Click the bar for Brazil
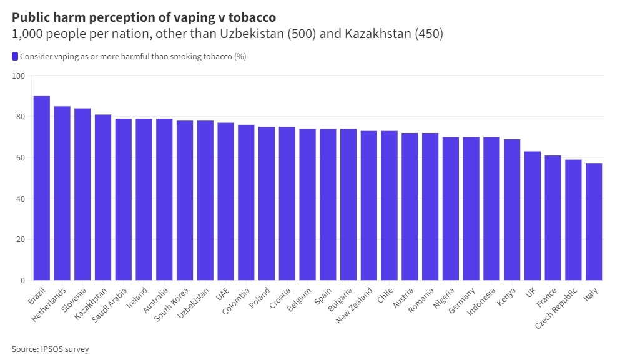point(41,188)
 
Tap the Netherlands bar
point(62,193)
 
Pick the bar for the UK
point(533,215)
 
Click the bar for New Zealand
point(369,205)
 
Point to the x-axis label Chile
point(385,294)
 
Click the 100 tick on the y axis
point(18,76)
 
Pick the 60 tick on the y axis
point(20,158)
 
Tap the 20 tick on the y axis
point(20,240)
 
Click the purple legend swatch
point(15,57)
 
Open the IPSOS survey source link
point(65,349)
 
